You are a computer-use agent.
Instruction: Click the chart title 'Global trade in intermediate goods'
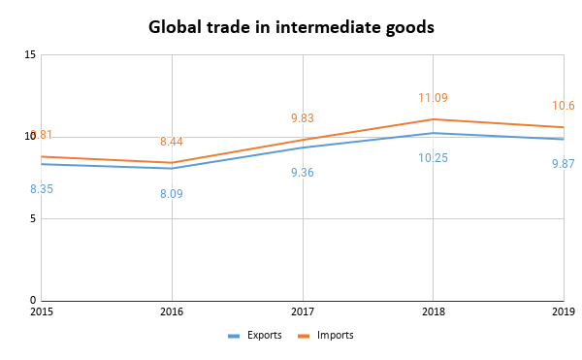pos(291,27)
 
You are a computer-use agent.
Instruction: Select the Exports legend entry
pos(255,336)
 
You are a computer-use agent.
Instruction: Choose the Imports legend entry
pos(327,336)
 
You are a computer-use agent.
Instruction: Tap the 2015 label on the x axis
pos(42,312)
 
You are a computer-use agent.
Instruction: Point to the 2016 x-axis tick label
pos(172,312)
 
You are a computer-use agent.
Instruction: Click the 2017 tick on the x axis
pos(303,312)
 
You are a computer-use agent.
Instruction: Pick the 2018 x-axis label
pos(433,312)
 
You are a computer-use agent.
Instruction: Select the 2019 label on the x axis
pos(563,312)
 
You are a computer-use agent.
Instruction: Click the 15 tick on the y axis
pos(30,55)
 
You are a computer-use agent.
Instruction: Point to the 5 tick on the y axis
pos(33,218)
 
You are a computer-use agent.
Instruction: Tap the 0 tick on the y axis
pos(33,300)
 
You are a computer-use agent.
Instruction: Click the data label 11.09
pos(433,98)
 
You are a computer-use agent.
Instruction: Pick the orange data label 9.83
pos(303,118)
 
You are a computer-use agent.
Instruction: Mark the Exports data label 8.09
pos(172,194)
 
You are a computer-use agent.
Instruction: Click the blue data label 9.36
pos(303,173)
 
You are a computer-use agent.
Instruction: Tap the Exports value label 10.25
pos(433,158)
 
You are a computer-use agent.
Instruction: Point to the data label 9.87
pos(563,164)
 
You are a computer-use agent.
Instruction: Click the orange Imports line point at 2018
pos(433,119)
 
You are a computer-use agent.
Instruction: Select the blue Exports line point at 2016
pos(172,168)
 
